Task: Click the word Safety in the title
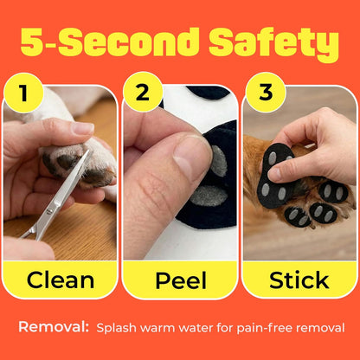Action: pos(274,43)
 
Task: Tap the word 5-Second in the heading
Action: pos(110,42)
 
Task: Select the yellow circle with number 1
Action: pos(23,93)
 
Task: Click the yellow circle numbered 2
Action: pos(143,92)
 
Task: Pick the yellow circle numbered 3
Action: pos(266,93)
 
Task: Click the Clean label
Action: pos(61,280)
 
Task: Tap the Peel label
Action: pos(181,280)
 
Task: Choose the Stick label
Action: pos(299,280)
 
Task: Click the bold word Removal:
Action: pos(54,327)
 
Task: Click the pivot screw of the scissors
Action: pos(49,211)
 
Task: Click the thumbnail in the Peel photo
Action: pos(192,157)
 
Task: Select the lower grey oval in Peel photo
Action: pos(209,196)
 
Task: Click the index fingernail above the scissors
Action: pos(82,128)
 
